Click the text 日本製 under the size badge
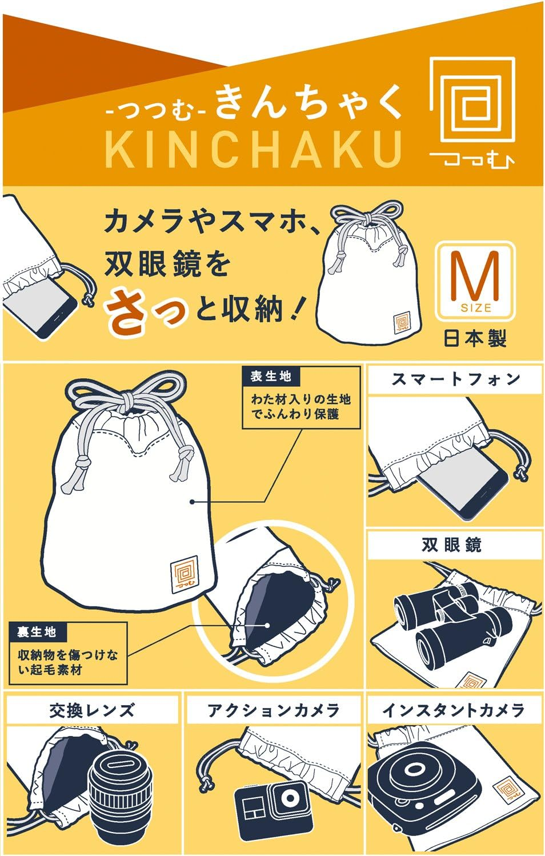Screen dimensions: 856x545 click(475, 339)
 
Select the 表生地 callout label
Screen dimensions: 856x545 click(271, 377)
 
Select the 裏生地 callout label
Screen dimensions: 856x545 click(37, 631)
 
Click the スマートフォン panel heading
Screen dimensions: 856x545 click(455, 379)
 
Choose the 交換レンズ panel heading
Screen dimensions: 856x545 click(92, 710)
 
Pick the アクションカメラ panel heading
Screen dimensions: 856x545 click(274, 710)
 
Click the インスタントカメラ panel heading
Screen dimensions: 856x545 click(454, 710)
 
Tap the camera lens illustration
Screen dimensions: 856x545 click(120, 791)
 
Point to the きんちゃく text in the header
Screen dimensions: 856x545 click(308, 102)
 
